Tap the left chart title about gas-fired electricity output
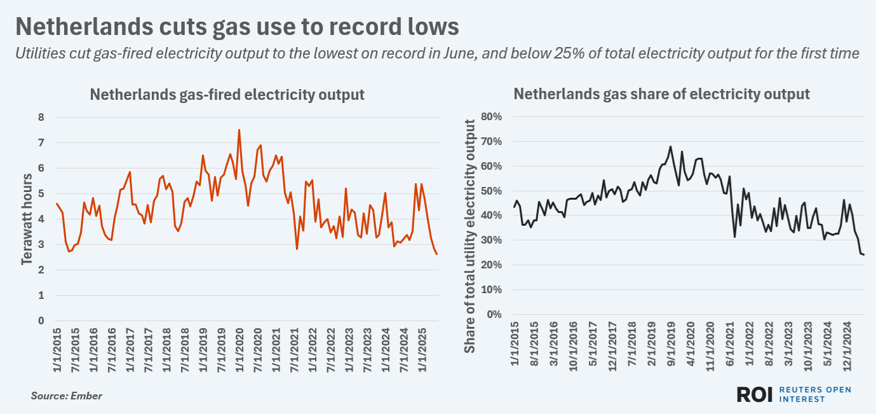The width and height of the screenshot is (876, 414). tap(227, 95)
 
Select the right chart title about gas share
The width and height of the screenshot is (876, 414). tap(661, 95)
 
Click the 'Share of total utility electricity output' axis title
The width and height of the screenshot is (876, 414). tap(470, 236)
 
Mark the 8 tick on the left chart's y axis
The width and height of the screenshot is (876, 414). tap(41, 118)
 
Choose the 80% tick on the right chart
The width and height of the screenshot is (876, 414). tap(490, 117)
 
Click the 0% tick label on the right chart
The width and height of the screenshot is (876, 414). tap(494, 315)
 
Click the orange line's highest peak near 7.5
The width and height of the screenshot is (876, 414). tap(239, 130)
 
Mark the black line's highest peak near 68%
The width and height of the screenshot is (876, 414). tap(670, 146)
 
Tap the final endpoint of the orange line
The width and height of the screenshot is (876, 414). tap(436, 254)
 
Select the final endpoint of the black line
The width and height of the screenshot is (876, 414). tap(864, 254)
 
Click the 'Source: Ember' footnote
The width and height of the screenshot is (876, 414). tap(66, 396)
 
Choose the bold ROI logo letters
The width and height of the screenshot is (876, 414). tap(754, 394)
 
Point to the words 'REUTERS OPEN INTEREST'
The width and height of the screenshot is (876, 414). tap(814, 394)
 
